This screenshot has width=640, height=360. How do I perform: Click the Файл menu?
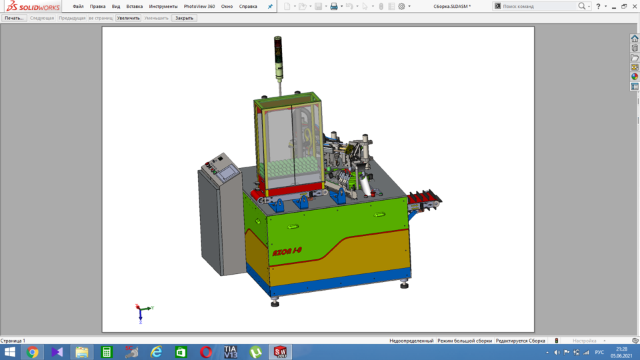[x=78, y=7]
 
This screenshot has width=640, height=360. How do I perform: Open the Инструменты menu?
[x=163, y=7]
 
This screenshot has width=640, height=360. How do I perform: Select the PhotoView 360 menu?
[x=199, y=7]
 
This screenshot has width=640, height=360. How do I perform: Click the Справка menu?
[x=248, y=7]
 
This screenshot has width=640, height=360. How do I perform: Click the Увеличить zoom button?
[x=129, y=18]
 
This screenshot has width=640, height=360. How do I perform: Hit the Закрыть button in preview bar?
[x=184, y=18]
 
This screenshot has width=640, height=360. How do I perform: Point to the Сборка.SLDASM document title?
[x=452, y=7]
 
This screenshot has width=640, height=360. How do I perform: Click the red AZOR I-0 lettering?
[x=287, y=252]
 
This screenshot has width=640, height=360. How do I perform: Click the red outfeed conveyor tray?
[x=424, y=198]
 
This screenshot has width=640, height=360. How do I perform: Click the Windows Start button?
[x=10, y=352]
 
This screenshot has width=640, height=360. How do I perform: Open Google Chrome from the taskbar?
[x=33, y=352]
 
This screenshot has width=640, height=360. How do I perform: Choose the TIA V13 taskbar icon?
[x=231, y=352]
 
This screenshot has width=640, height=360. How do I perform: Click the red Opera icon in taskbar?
[x=206, y=352]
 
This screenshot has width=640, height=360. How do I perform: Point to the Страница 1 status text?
[x=13, y=341]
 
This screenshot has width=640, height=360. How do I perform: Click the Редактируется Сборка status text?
[x=520, y=341]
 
